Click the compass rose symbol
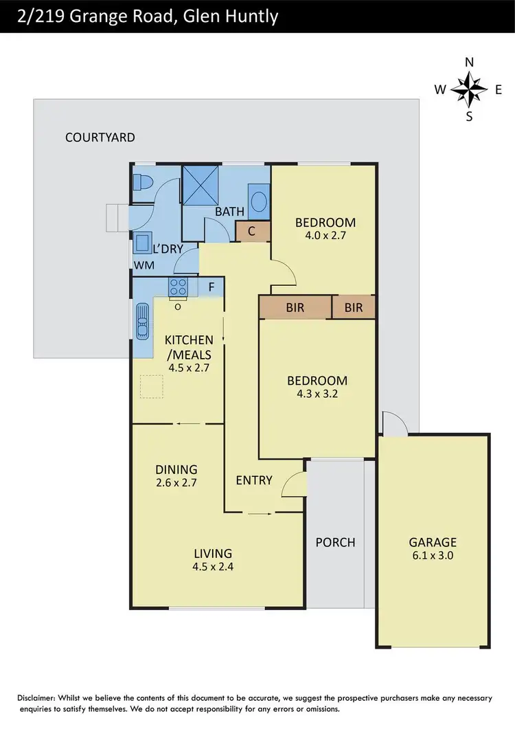tap(470, 89)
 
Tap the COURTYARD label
tap(100, 137)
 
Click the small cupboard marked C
tap(252, 232)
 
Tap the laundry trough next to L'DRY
tap(144, 243)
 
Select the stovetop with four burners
tap(179, 286)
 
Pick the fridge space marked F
tap(211, 286)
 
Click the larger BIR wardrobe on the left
tap(295, 308)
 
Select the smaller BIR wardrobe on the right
tap(354, 308)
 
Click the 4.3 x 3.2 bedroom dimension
tap(317, 394)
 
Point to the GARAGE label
tap(433, 542)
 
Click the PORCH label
tap(335, 542)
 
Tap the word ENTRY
tap(254, 480)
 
